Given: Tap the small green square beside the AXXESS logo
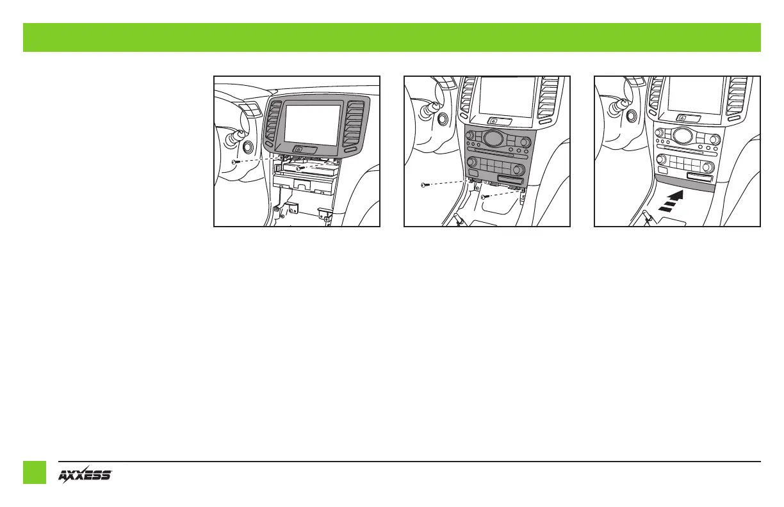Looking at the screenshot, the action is pyautogui.click(x=35, y=472).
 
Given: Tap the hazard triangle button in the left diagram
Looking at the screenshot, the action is pyautogui.click(x=299, y=149).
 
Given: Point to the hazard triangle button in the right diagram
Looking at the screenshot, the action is pyautogui.click(x=684, y=117).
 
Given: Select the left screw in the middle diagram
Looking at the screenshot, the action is pyautogui.click(x=424, y=185).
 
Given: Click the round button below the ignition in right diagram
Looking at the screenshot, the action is pyautogui.click(x=631, y=115).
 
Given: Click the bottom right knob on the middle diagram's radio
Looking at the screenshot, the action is pyautogui.click(x=518, y=170).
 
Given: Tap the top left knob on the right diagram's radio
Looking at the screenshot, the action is pyautogui.click(x=658, y=133).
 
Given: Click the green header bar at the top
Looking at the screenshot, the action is pyautogui.click(x=392, y=37).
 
